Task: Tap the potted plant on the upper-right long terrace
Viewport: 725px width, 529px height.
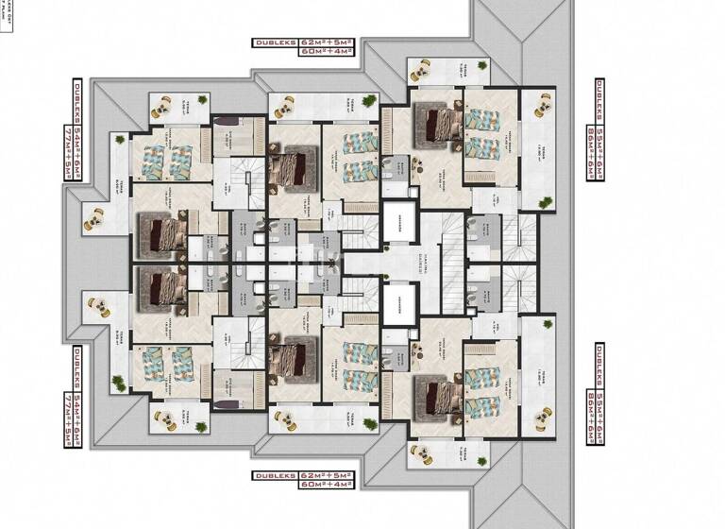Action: (546, 203)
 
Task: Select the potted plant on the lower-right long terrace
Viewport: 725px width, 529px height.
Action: (546, 326)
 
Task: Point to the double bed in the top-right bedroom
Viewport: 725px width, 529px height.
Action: (436, 121)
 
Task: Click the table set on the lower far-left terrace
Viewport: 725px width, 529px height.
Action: (95, 307)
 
